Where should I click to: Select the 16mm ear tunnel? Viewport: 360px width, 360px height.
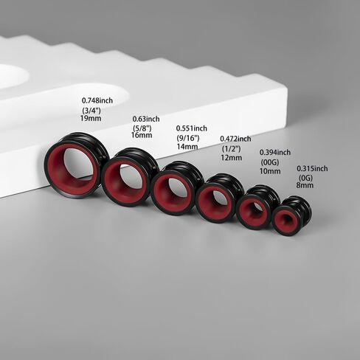[x=125, y=178]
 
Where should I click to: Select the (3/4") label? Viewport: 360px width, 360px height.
[x=92, y=110]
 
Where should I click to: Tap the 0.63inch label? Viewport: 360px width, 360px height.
[x=146, y=119]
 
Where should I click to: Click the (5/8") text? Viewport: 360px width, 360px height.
[x=141, y=128]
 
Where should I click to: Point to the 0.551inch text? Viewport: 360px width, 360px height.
[x=192, y=128]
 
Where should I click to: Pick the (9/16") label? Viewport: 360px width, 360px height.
[x=187, y=138]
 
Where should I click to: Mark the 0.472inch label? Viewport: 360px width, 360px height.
[x=235, y=139]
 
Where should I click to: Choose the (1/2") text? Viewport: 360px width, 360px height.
[x=229, y=148]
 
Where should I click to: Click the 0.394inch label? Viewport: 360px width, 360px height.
[x=274, y=153]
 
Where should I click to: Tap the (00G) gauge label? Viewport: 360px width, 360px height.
[x=270, y=162]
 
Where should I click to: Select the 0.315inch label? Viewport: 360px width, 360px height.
[x=312, y=168]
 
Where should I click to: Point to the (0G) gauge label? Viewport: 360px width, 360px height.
[x=306, y=178]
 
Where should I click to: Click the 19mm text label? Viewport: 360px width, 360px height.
[x=90, y=117]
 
